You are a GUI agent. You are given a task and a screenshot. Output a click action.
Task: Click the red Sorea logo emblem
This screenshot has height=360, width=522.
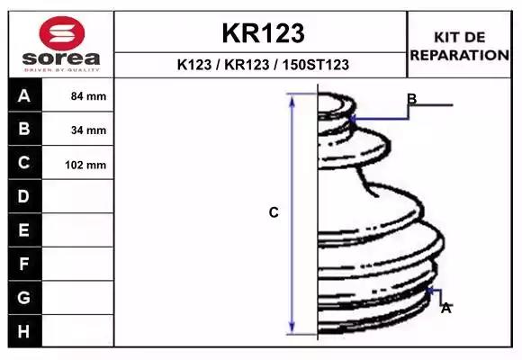[x=62, y=33]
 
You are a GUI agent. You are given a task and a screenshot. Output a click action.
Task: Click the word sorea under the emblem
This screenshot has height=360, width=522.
[x=61, y=58]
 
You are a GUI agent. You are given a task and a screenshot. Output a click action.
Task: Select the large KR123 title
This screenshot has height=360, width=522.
[x=263, y=33]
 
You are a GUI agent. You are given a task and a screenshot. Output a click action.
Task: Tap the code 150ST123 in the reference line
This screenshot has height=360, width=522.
[x=316, y=65]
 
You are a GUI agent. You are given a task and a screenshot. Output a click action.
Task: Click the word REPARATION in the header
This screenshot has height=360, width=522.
[x=459, y=55]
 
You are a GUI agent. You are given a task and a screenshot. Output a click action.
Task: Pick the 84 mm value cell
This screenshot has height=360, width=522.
[x=78, y=95]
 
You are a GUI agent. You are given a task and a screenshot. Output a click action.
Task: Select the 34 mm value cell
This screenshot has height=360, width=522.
[x=78, y=130]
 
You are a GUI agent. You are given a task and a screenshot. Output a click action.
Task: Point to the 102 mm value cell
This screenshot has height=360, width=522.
[x=78, y=163]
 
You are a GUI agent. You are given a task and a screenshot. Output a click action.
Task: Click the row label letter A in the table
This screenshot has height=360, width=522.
[x=24, y=96]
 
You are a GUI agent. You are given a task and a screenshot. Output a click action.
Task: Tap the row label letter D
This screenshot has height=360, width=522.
[x=23, y=196]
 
